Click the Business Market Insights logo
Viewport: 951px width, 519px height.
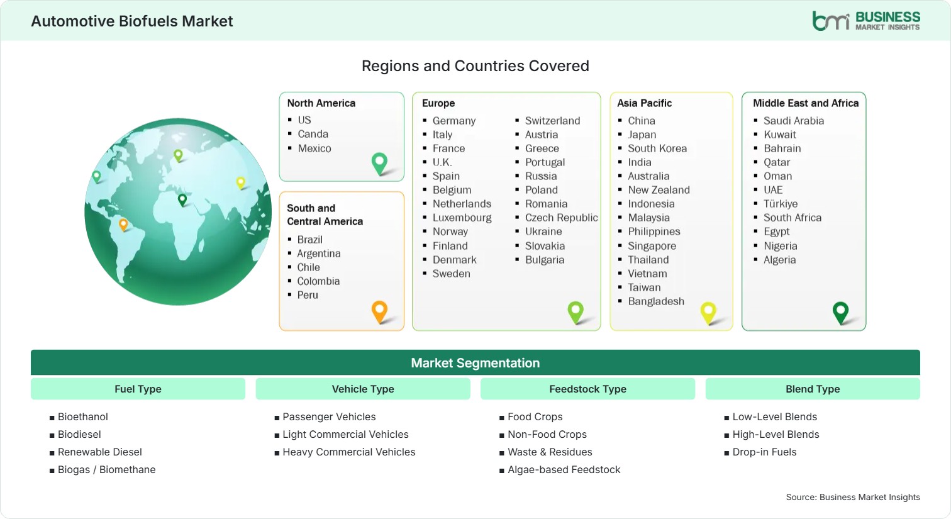pos(866,21)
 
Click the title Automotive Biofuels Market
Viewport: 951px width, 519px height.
pos(132,21)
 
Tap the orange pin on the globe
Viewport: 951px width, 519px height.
pos(123,224)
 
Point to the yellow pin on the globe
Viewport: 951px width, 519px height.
pos(241,182)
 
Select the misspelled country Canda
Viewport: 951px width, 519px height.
pos(313,134)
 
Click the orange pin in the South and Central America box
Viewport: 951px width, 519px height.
pos(379,311)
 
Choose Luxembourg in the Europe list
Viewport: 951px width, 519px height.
pos(462,218)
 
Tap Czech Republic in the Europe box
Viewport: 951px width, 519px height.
pos(561,218)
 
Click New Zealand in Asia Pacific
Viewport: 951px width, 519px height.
pos(659,190)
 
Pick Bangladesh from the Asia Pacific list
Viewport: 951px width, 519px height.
pos(656,301)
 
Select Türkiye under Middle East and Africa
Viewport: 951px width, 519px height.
pos(781,204)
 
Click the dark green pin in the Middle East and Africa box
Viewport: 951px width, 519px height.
pos(840,312)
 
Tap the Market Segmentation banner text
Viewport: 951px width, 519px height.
pos(475,363)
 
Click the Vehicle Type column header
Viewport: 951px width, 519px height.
pos(363,389)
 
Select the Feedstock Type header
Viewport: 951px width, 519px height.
pos(587,389)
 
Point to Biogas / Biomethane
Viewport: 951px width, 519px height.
pos(106,470)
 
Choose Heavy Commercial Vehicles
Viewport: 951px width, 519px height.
pos(349,452)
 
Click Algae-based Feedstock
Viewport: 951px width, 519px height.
pos(564,470)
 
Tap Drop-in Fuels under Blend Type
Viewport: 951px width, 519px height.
pos(764,452)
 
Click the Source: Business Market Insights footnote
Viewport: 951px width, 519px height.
pos(853,498)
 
